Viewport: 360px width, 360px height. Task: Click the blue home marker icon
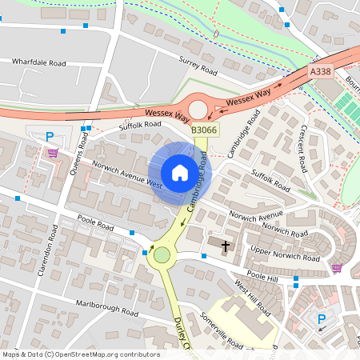(x=179, y=173)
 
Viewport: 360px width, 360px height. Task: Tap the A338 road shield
(x=320, y=72)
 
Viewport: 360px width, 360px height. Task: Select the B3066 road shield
(x=204, y=128)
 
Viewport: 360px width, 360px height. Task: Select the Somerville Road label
(x=221, y=330)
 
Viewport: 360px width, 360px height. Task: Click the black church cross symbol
(x=226, y=246)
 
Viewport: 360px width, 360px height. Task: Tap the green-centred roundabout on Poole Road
(x=163, y=255)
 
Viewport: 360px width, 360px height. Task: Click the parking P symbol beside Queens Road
(x=50, y=137)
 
